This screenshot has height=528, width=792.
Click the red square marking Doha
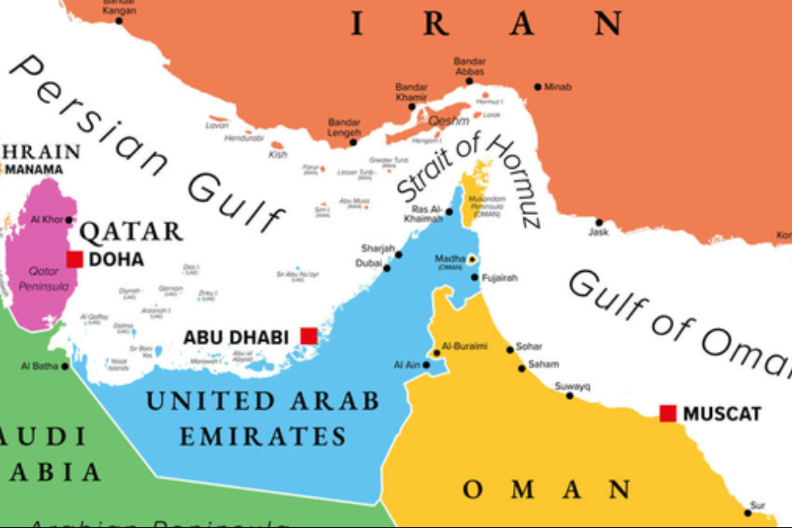(x=75, y=259)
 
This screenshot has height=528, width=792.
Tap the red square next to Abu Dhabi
(x=308, y=336)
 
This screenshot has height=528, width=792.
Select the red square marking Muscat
(x=668, y=413)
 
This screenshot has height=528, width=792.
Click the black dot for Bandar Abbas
(x=469, y=80)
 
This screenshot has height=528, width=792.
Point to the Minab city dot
(x=538, y=86)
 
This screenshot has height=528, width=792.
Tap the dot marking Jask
(x=599, y=223)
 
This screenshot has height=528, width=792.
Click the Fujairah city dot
(x=475, y=277)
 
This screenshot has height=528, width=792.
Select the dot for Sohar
(x=511, y=349)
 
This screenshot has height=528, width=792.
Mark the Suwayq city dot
(x=569, y=395)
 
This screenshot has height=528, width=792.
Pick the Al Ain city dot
(x=427, y=365)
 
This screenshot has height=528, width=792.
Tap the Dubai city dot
(x=387, y=268)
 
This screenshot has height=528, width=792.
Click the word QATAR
(x=132, y=232)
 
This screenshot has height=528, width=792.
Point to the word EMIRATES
(x=262, y=436)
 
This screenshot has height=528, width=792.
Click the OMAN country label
(x=547, y=490)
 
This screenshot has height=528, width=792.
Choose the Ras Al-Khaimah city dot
(x=449, y=212)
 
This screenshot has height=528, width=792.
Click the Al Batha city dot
(x=65, y=366)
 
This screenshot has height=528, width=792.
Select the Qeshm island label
(x=449, y=121)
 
